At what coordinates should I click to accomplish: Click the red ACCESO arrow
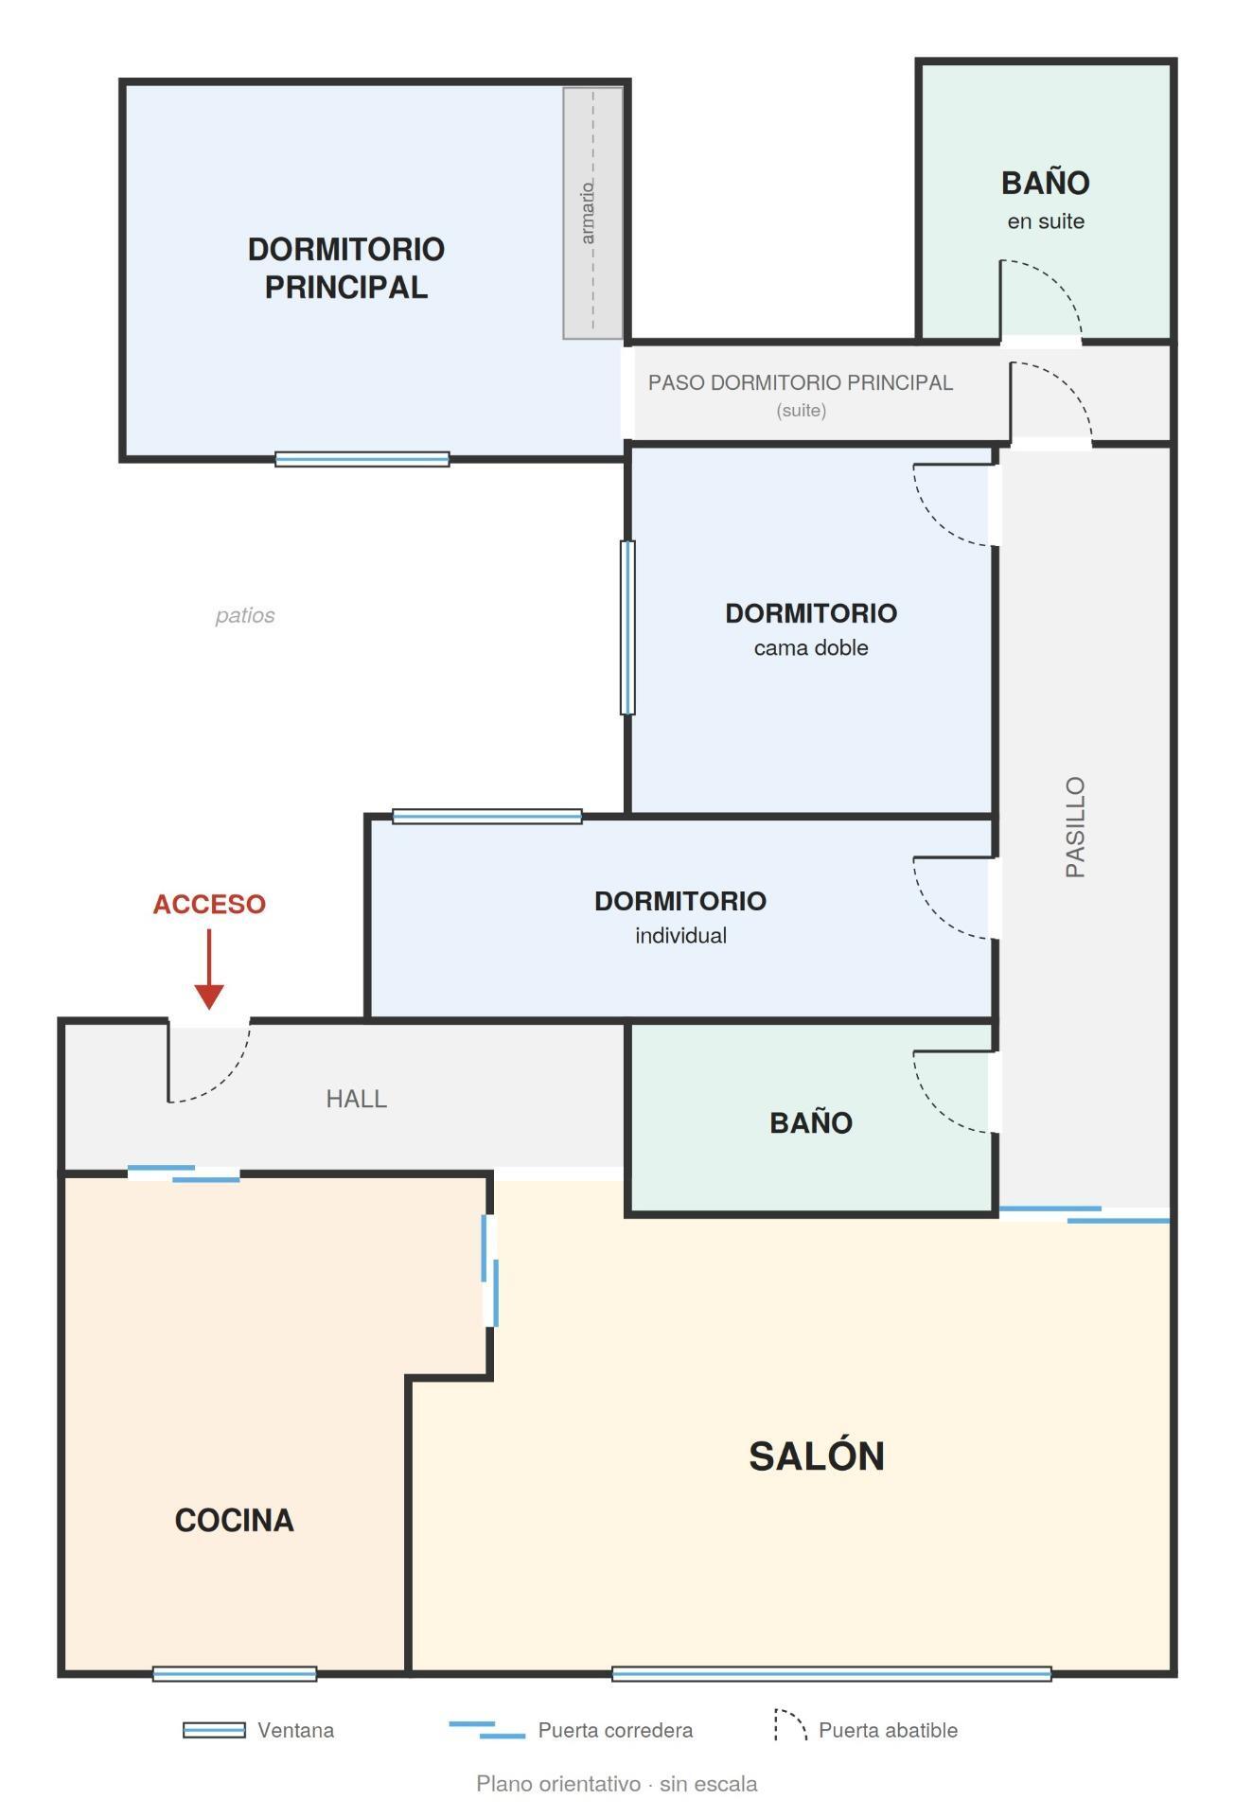pyautogui.click(x=209, y=969)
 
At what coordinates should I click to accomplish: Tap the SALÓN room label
pyautogui.click(x=816, y=1456)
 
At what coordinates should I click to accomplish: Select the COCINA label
pyautogui.click(x=234, y=1520)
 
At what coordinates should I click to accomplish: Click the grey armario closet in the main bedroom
pyautogui.click(x=593, y=213)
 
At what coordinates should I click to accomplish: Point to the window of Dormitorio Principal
pyautogui.click(x=362, y=459)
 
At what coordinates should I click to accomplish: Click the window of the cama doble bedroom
pyautogui.click(x=627, y=626)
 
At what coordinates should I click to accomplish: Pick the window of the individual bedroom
pyautogui.click(x=487, y=816)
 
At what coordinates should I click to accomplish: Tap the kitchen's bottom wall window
pyautogui.click(x=235, y=1674)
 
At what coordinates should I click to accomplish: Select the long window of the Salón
pyautogui.click(x=832, y=1674)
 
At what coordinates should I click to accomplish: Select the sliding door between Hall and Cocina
pyautogui.click(x=184, y=1173)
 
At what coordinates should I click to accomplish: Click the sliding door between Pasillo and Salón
pyautogui.click(x=1085, y=1214)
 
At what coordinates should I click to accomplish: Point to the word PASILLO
pyautogui.click(x=1075, y=827)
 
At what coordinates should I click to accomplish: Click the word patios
pyautogui.click(x=245, y=615)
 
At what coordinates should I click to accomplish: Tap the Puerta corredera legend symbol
pyautogui.click(x=486, y=1729)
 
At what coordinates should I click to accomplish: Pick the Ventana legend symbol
pyautogui.click(x=214, y=1730)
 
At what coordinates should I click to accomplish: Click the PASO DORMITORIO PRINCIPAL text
pyautogui.click(x=801, y=382)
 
